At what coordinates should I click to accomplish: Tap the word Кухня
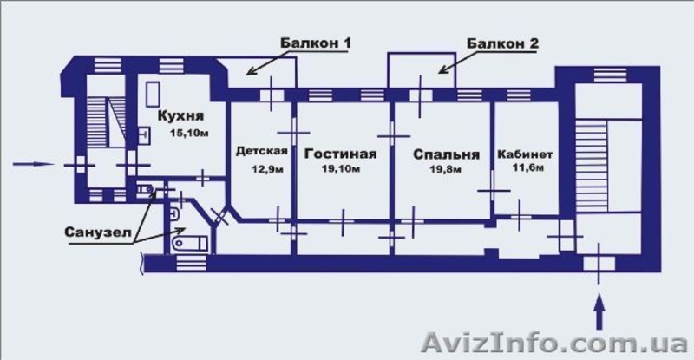click(x=180, y=115)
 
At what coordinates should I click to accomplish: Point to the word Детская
click(x=261, y=150)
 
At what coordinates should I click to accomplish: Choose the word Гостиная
click(x=341, y=154)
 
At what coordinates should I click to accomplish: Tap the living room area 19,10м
click(x=340, y=170)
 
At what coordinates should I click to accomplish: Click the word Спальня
click(x=446, y=154)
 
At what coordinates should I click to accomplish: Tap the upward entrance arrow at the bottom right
click(x=599, y=305)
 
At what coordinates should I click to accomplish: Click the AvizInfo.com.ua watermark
click(x=555, y=342)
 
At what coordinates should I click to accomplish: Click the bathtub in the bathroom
click(x=187, y=245)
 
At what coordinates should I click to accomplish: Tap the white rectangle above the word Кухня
click(x=154, y=93)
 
